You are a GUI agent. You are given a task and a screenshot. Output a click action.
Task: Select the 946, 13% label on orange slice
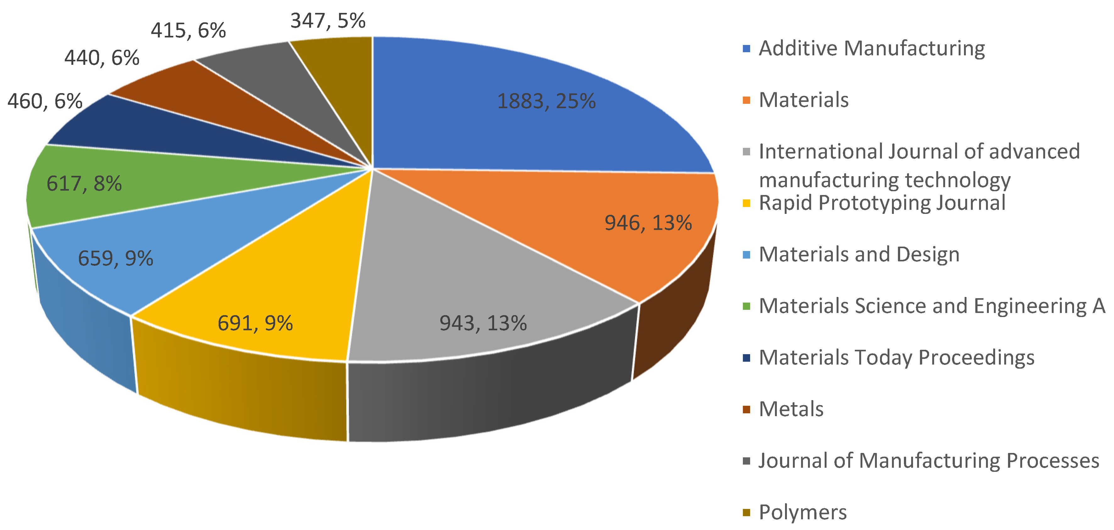pos(648,223)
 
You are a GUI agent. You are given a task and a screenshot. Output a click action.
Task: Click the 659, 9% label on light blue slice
pos(115,258)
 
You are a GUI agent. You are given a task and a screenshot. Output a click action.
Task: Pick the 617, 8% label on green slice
pos(84,183)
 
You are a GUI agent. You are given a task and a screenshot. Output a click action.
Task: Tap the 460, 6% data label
pos(45,101)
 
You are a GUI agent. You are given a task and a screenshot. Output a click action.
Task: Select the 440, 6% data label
pos(102,58)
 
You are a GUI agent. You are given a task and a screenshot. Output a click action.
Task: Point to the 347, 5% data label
pos(328,21)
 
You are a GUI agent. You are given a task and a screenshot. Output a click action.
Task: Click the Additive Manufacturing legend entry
pos(872,48)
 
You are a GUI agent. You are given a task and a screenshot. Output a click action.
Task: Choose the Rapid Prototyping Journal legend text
pos(882,203)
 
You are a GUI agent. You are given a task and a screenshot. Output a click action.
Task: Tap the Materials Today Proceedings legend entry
pos(896,357)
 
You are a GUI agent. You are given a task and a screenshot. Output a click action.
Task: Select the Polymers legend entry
pos(803,512)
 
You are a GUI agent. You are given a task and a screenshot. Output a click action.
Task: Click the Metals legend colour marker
pos(746,409)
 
